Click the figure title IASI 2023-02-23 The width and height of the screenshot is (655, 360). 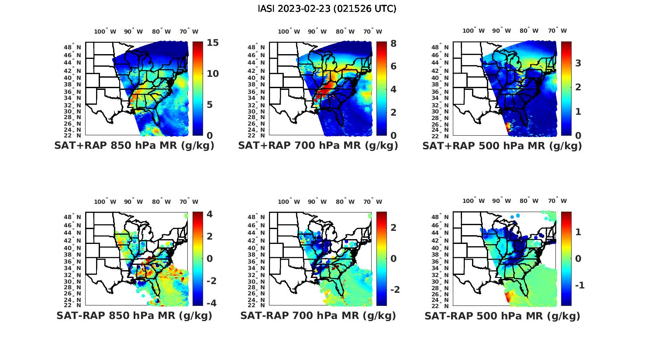tap(327, 9)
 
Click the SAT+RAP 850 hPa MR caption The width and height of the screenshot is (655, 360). tap(134, 146)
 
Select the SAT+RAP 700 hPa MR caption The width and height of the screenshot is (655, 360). tap(318, 146)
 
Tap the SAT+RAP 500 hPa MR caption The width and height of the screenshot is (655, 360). tap(502, 146)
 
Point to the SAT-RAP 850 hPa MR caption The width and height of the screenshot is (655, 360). tap(134, 315)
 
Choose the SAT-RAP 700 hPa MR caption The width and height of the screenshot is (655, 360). tap(318, 315)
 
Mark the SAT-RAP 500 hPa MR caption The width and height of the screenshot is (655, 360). tap(502, 315)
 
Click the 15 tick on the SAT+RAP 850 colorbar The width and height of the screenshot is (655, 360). tap(213, 43)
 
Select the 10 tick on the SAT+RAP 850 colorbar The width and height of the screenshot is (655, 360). tap(213, 74)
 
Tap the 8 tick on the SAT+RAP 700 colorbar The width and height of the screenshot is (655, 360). tap(393, 43)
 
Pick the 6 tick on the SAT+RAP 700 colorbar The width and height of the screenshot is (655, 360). tap(393, 66)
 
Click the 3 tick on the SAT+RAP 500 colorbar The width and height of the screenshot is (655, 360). tap(578, 63)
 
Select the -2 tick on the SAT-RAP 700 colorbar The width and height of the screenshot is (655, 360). tap(394, 290)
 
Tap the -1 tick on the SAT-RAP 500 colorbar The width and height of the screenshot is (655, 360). tap(579, 285)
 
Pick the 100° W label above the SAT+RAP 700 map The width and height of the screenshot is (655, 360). tap(289, 31)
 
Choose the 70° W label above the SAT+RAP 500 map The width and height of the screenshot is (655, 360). tap(557, 31)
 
